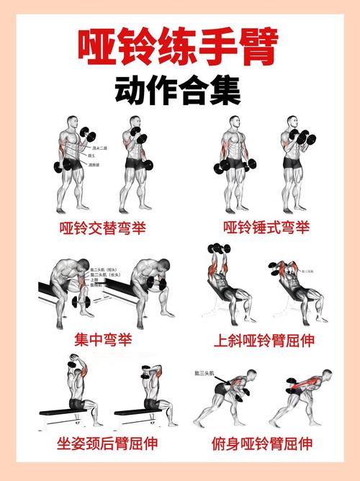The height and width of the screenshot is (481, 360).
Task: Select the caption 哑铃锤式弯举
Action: pos(266,228)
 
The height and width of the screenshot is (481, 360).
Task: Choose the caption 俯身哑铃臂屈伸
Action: pos(266,442)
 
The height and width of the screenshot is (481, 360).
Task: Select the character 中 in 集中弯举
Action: pos(94,338)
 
